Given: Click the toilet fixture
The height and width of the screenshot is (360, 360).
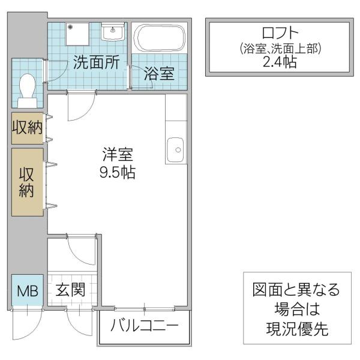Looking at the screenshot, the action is coord(28,91).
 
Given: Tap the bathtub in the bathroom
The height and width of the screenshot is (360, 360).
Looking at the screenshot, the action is coord(160,38).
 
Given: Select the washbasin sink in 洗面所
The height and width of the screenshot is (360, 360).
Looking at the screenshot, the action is coord(113,31).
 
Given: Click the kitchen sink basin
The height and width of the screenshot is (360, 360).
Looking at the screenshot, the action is coord(175,150).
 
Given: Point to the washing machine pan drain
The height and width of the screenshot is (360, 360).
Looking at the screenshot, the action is coord(70,27).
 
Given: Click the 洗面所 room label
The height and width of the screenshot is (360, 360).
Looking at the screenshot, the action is coord(97,62).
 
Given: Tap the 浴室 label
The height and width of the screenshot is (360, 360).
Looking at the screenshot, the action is coord(159,73).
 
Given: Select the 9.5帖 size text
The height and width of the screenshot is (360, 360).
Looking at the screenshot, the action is coord(118,172).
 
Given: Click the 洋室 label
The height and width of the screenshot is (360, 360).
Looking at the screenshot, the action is coord(118,154).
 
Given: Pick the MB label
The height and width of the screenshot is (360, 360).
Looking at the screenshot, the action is coord(28,291).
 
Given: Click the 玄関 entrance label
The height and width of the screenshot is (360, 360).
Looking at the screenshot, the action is coord(70,290).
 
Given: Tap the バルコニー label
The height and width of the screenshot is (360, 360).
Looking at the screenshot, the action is coord(144,325).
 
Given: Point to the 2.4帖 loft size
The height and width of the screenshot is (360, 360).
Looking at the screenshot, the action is coord(280,62).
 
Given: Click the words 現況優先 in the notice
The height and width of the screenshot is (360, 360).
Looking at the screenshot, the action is coord(297,329).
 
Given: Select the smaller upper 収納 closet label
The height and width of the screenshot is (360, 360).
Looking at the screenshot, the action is coord(28,127).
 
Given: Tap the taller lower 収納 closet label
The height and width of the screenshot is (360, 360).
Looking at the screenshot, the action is coord(27,182).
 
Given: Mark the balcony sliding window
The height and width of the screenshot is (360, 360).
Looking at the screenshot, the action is coord(144,309).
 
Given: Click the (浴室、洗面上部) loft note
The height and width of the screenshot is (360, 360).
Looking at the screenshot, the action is coord(280,49).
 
